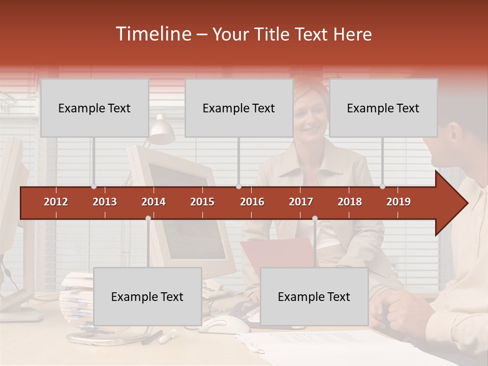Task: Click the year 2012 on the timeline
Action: click(56, 202)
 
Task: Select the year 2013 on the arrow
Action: click(105, 202)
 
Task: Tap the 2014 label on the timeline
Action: click(154, 202)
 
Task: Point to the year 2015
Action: click(202, 202)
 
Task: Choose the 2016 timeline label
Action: click(252, 202)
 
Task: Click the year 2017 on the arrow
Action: click(301, 202)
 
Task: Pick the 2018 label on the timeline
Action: click(350, 202)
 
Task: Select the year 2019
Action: click(399, 202)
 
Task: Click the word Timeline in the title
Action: click(152, 34)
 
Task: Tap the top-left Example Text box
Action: click(95, 108)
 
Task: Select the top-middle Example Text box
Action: click(239, 108)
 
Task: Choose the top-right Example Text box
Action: click(383, 108)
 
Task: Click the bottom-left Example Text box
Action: click(147, 296)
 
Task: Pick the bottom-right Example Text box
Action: click(314, 296)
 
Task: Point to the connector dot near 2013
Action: click(94, 187)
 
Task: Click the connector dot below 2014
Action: click(148, 218)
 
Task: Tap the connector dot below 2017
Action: click(315, 218)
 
